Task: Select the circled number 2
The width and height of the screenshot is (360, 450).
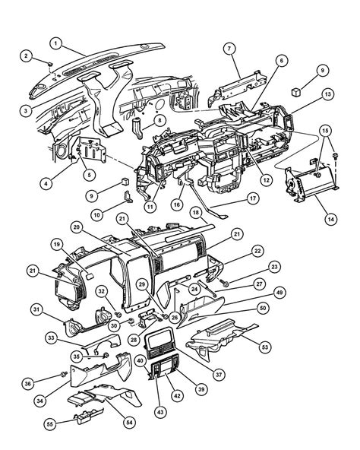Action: (26, 56)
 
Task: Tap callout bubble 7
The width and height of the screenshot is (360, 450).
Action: (229, 49)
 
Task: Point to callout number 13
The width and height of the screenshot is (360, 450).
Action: (327, 93)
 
